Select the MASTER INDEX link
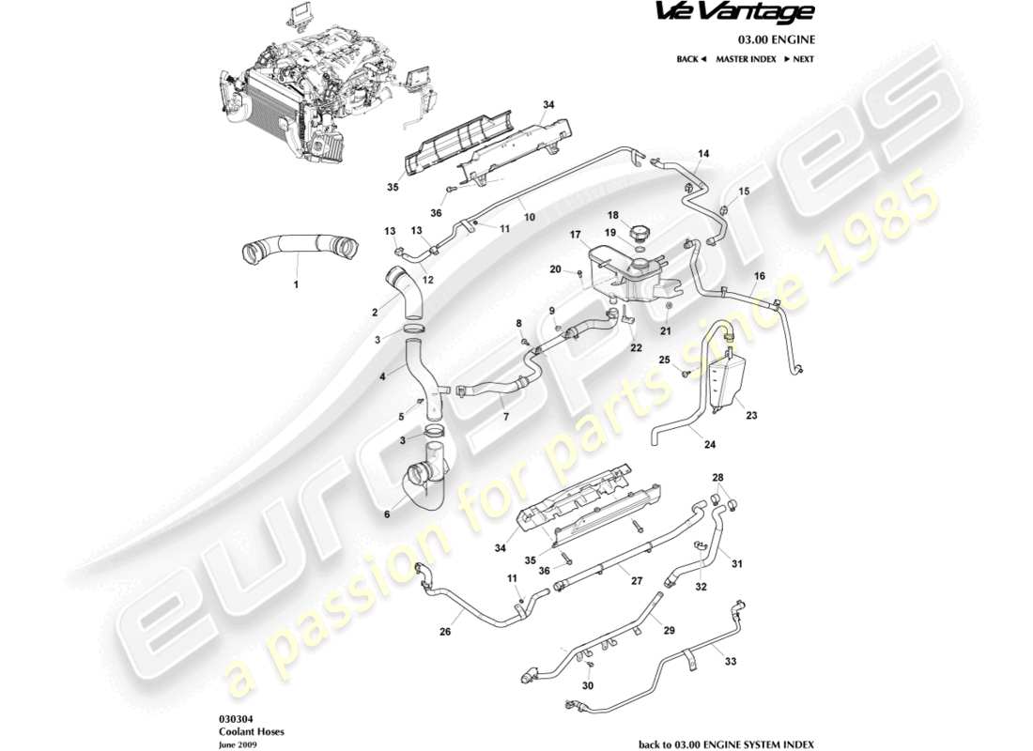746,59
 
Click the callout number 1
296,282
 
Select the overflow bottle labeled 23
727,381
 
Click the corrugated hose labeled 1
298,250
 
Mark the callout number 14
703,153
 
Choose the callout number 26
444,632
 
